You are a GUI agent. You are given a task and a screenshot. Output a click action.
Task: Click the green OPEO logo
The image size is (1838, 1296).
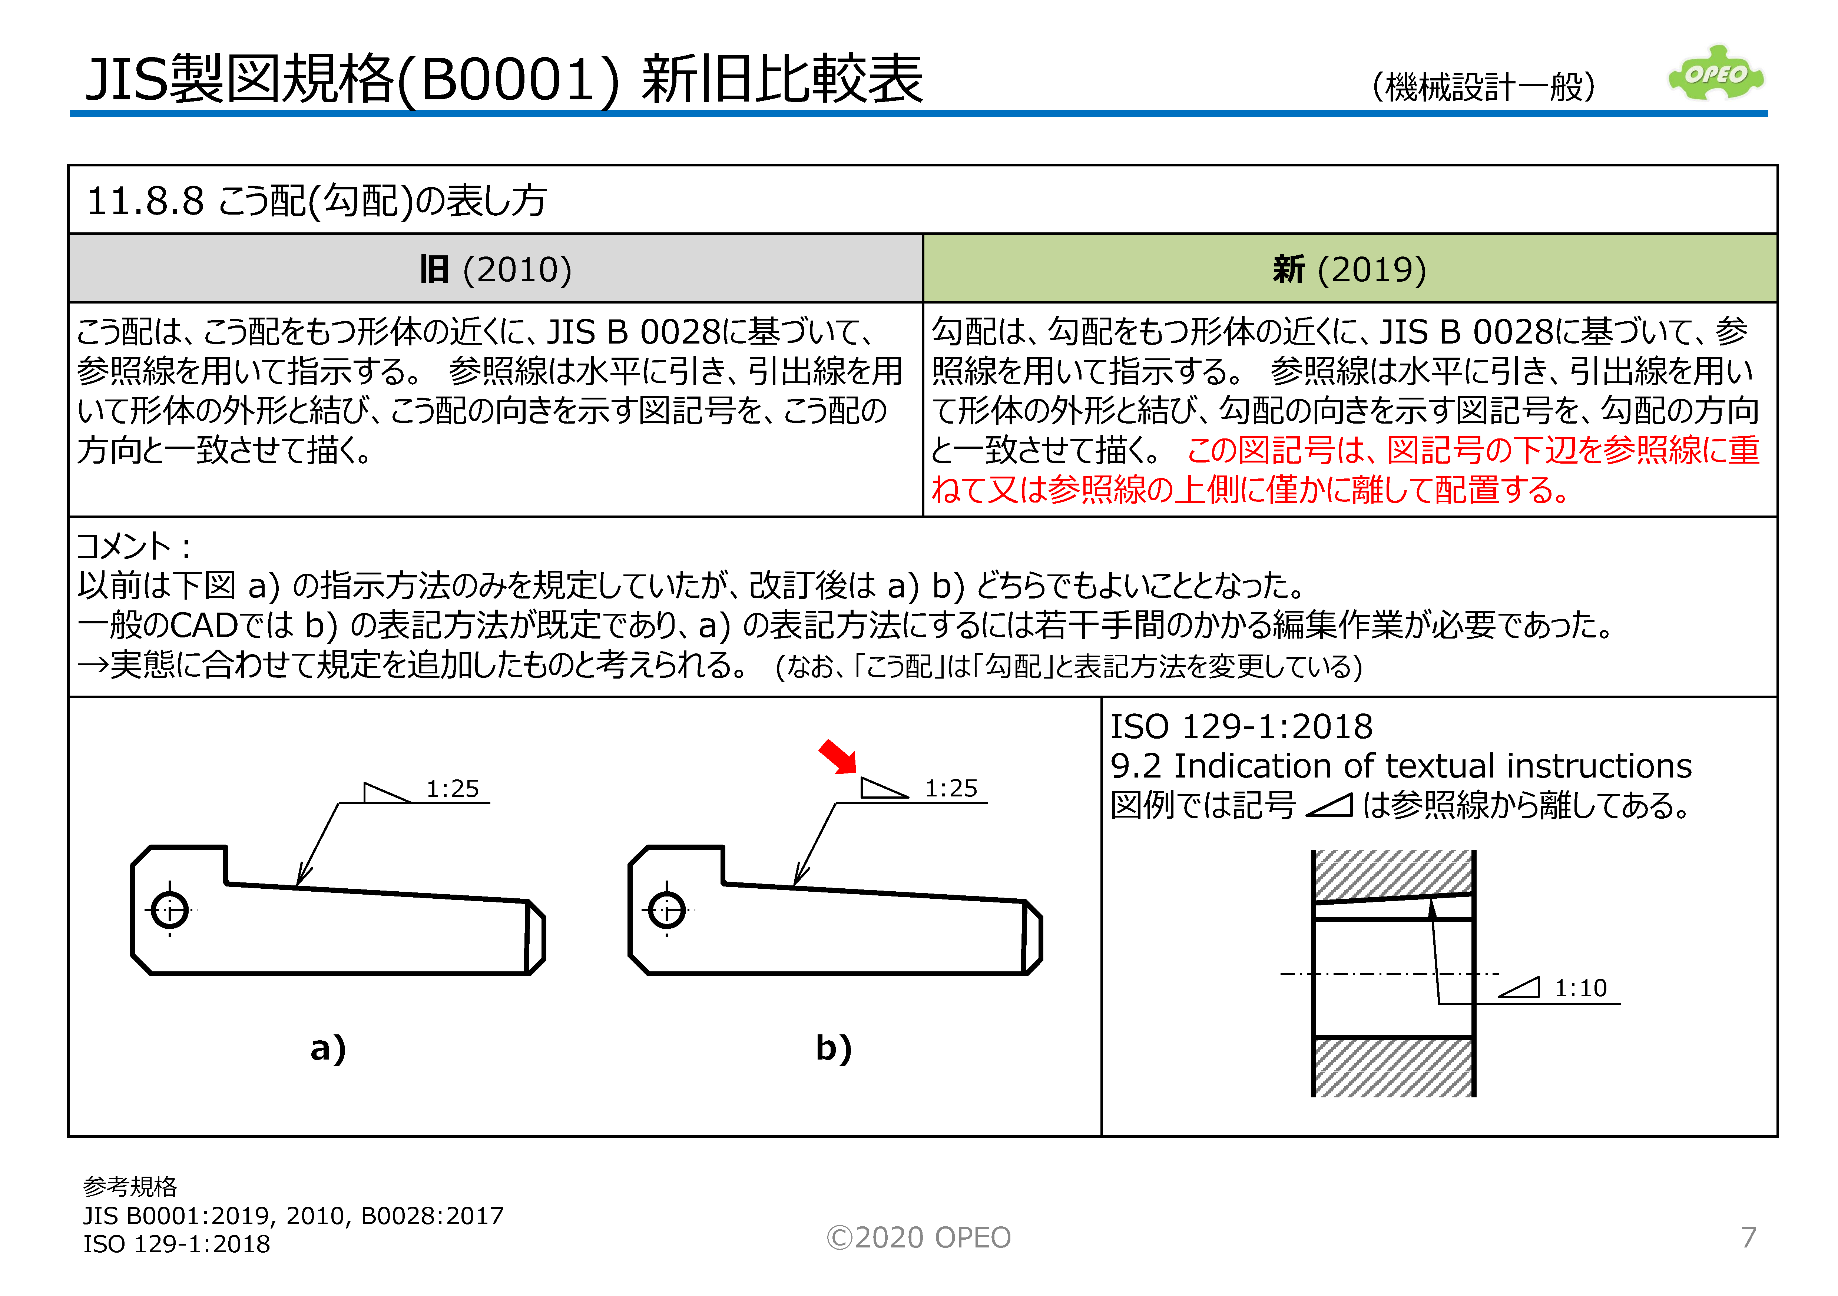(x=1716, y=74)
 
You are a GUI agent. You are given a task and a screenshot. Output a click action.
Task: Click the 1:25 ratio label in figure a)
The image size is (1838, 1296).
(x=452, y=789)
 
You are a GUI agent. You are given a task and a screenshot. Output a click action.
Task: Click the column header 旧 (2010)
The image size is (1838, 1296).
(x=496, y=270)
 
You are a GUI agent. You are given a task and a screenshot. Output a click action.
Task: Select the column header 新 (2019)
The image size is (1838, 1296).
(x=1349, y=270)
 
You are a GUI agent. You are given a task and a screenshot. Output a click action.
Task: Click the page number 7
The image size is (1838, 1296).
(x=1748, y=1237)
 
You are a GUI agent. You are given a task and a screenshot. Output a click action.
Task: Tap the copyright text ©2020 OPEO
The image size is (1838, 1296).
(x=918, y=1237)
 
